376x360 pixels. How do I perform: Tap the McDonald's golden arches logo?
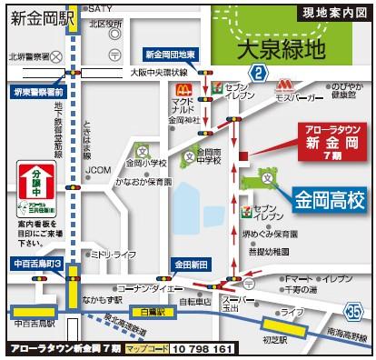(x=182, y=89)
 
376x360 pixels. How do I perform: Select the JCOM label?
(x=98, y=169)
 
